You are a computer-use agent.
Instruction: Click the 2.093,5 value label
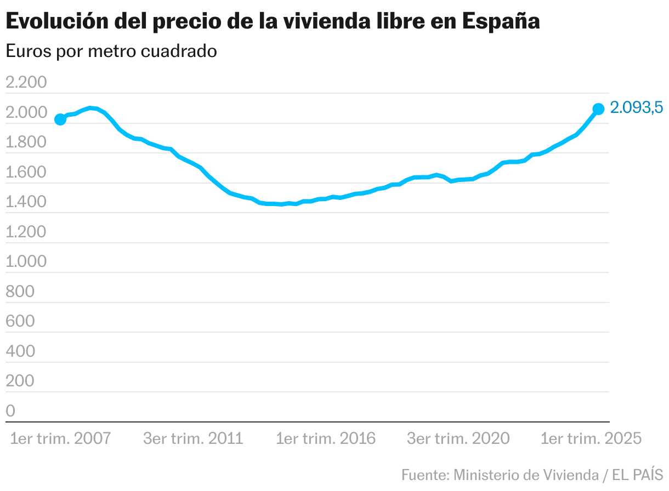pyautogui.click(x=637, y=109)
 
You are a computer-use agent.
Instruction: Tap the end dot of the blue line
pyautogui.click(x=598, y=109)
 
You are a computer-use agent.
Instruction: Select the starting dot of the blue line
pyautogui.click(x=60, y=119)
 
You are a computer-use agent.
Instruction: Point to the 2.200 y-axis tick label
pyautogui.click(x=33, y=83)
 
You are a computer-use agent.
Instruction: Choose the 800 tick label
pyautogui.click(x=20, y=292)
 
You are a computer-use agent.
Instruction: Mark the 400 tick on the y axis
pyautogui.click(x=20, y=351)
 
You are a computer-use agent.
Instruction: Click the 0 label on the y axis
pyautogui.click(x=10, y=410)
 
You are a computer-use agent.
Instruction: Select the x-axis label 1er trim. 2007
pyautogui.click(x=60, y=439)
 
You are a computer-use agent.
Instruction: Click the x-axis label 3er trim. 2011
pyautogui.click(x=193, y=439)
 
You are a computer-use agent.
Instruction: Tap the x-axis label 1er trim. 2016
pyautogui.click(x=326, y=439)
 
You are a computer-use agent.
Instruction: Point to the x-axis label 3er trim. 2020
pyautogui.click(x=458, y=439)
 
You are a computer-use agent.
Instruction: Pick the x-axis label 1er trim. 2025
pyautogui.click(x=591, y=439)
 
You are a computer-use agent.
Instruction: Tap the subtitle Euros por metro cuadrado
pyautogui.click(x=111, y=52)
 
